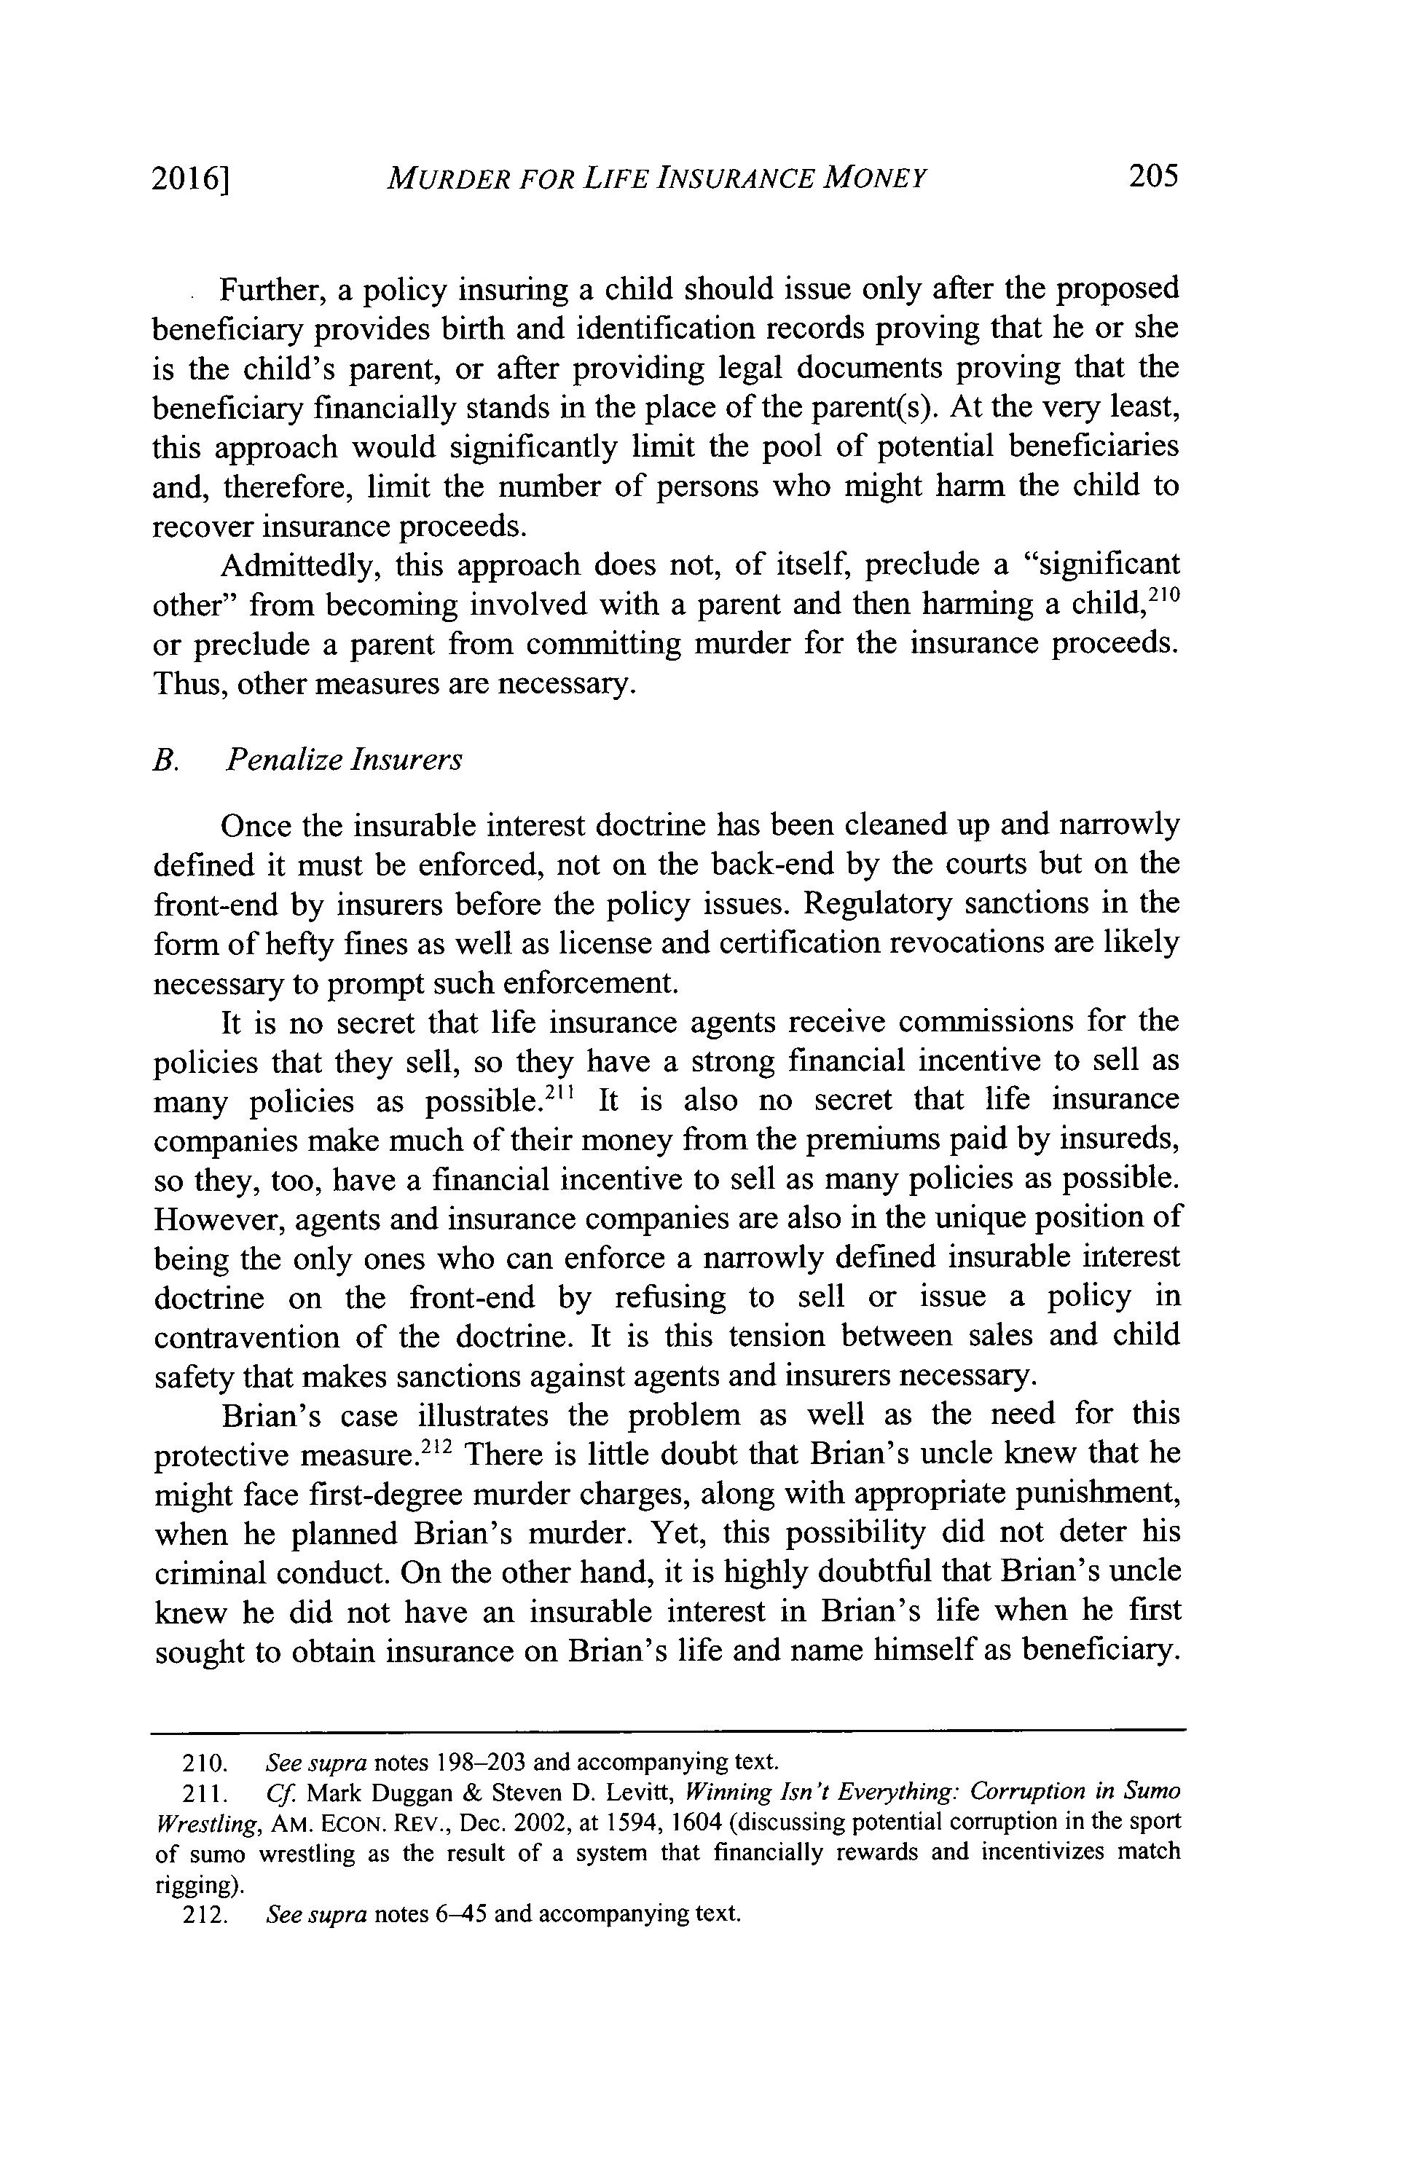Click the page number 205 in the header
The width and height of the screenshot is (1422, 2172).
click(1152, 176)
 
